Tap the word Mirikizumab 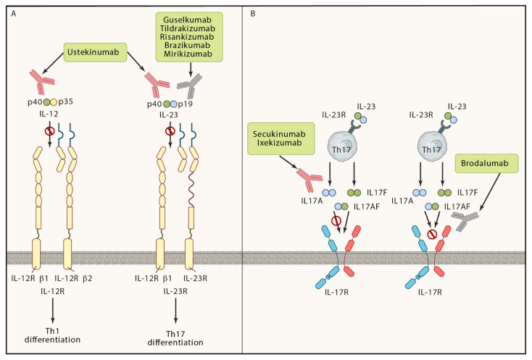tap(189, 54)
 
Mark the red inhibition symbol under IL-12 tap(50, 133)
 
